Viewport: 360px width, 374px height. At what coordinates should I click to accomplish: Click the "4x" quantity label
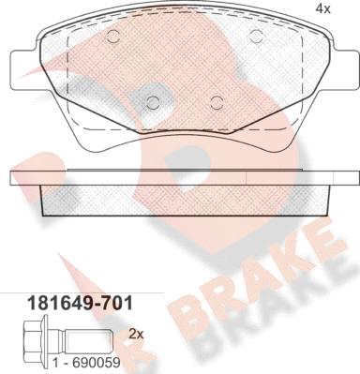pyautogui.click(x=323, y=10)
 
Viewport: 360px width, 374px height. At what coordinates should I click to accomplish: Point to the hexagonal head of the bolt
pyautogui.click(x=25, y=334)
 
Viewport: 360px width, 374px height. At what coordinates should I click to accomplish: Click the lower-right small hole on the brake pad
pyautogui.click(x=217, y=102)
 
